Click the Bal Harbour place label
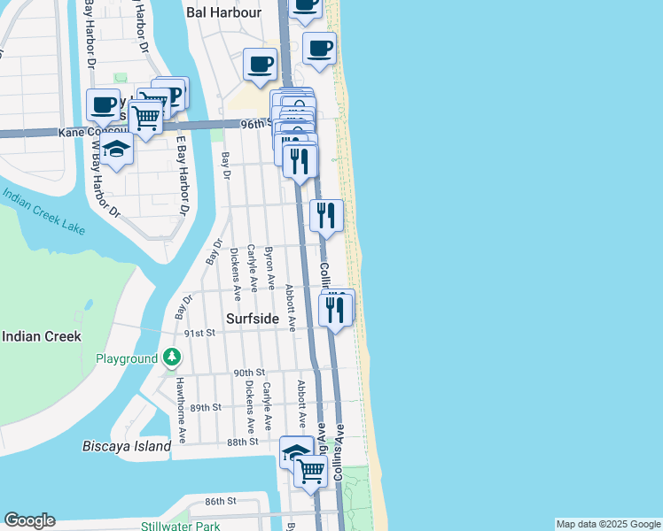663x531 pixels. pyautogui.click(x=225, y=12)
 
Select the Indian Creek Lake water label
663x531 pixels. pyautogui.click(x=44, y=211)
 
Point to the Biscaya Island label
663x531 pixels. pyautogui.click(x=127, y=446)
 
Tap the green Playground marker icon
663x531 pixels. pyautogui.click(x=171, y=358)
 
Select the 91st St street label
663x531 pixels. pyautogui.click(x=199, y=332)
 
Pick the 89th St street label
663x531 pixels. pyautogui.click(x=204, y=407)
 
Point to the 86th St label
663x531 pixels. pyautogui.click(x=221, y=501)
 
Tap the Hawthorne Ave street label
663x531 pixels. pyautogui.click(x=181, y=410)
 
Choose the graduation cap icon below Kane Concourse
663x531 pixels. pyautogui.click(x=115, y=150)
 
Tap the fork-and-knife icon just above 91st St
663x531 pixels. pyautogui.click(x=334, y=309)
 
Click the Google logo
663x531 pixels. pyautogui.click(x=29, y=520)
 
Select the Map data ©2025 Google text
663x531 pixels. pyautogui.click(x=608, y=524)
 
